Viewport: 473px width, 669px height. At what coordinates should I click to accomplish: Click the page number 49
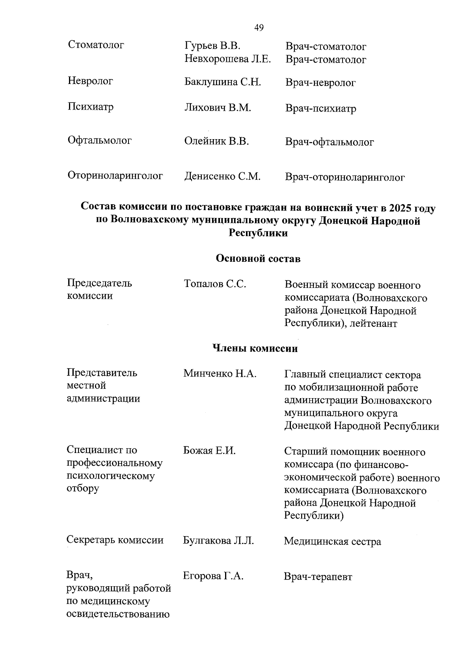pyautogui.click(x=259, y=28)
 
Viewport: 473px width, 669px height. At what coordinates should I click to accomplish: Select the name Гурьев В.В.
pyautogui.click(x=212, y=46)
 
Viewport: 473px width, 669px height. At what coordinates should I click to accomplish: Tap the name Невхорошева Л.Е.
pyautogui.click(x=227, y=59)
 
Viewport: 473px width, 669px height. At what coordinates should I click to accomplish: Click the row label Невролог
pyautogui.click(x=90, y=81)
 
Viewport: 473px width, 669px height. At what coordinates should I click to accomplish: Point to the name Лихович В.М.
pyautogui.click(x=218, y=108)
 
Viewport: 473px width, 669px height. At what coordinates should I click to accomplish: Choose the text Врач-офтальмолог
pyautogui.click(x=329, y=142)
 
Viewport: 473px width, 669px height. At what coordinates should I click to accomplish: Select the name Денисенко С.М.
pyautogui.click(x=222, y=176)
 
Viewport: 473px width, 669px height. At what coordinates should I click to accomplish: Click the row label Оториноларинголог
pyautogui.click(x=115, y=176)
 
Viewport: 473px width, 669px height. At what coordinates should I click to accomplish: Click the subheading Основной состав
pyautogui.click(x=258, y=259)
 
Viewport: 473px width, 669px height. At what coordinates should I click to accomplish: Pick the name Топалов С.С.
pyautogui.click(x=215, y=284)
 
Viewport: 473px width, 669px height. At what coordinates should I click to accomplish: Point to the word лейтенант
pyautogui.click(x=375, y=324)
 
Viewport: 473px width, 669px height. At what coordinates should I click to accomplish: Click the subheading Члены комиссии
pyautogui.click(x=255, y=348)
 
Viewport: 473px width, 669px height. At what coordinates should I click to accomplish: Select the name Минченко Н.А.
pyautogui.click(x=220, y=373)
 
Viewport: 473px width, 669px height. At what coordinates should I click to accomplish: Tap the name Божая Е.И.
pyautogui.click(x=209, y=451)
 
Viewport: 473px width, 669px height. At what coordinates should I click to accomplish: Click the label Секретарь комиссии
pyautogui.click(x=115, y=540)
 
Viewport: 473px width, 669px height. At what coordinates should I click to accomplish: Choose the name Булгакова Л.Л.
pyautogui.click(x=218, y=540)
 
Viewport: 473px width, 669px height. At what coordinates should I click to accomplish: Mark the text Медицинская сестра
pyautogui.click(x=332, y=541)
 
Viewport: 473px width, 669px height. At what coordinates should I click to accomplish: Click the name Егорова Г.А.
pyautogui.click(x=213, y=576)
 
